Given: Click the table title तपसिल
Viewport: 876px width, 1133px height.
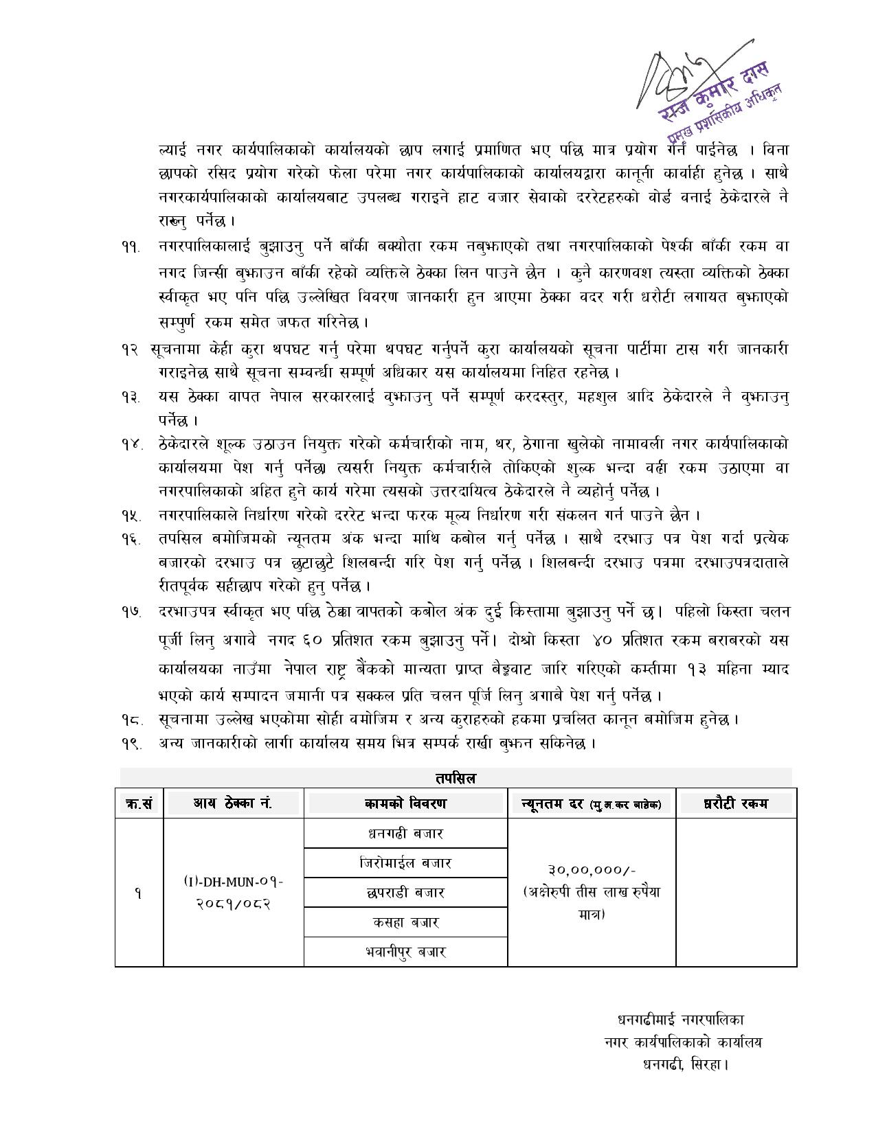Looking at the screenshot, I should (x=456, y=778).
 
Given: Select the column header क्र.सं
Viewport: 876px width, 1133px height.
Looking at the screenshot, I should (x=139, y=803).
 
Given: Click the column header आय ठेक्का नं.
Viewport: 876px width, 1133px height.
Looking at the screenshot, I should (x=233, y=803).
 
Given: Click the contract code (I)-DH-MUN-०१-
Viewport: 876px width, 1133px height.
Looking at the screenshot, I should (x=233, y=881).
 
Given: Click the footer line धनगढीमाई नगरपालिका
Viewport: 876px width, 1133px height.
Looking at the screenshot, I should (x=680, y=1020).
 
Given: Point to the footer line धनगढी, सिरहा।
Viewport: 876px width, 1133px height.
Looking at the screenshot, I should (x=684, y=1065).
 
